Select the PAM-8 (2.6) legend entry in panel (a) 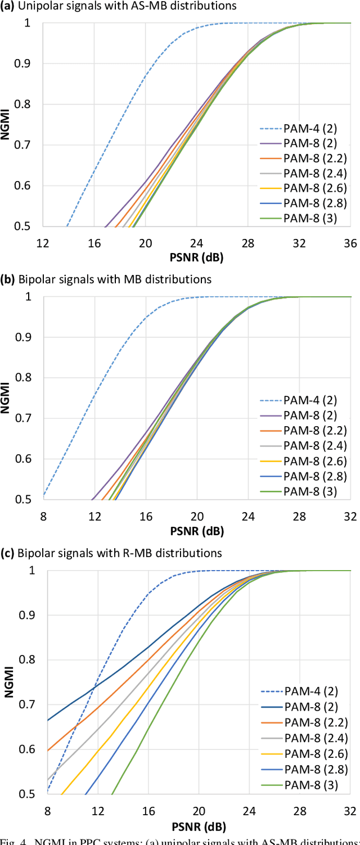(309, 187)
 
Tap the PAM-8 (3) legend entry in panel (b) (309, 492)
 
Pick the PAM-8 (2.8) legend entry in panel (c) (309, 770)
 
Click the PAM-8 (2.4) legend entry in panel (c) (309, 738)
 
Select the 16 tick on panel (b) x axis (145, 516)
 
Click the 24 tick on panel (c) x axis (249, 811)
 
